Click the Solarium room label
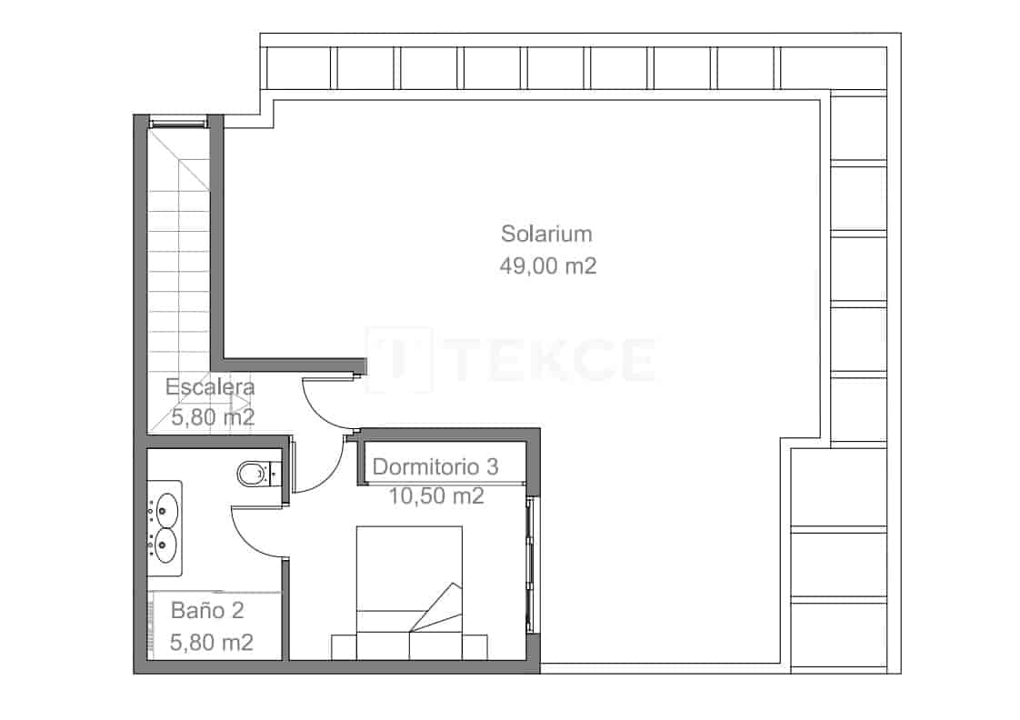tap(546, 234)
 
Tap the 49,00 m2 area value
tap(546, 266)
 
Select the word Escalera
tap(210, 387)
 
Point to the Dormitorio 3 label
tap(435, 467)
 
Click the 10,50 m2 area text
tap(435, 496)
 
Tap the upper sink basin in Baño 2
tap(165, 508)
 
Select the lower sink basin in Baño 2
tap(165, 546)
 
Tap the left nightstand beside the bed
tap(344, 646)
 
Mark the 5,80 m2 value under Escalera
tap(213, 418)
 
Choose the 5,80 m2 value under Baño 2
tap(212, 643)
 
